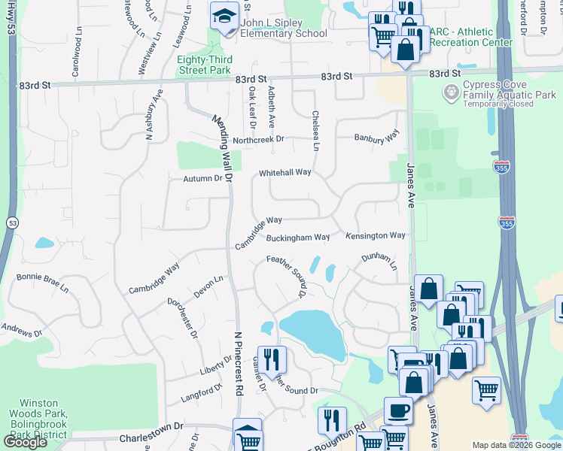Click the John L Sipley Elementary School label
click(284, 28)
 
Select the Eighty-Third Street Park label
click(204, 65)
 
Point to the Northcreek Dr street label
click(258, 139)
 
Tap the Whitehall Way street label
click(285, 172)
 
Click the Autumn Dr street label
click(203, 179)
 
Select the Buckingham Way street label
click(298, 238)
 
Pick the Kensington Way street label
click(376, 236)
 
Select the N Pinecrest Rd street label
click(239, 364)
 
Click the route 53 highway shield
click(12, 223)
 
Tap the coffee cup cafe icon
click(398, 411)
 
